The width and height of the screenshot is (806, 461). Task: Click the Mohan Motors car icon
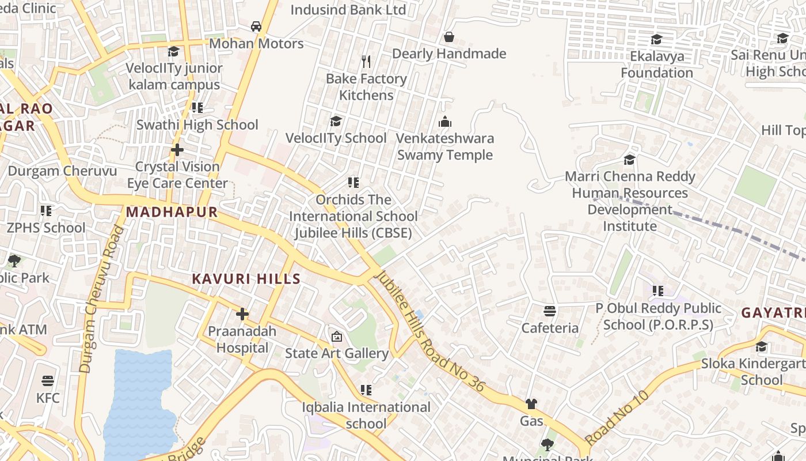[256, 27]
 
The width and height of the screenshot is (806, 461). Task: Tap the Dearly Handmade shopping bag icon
[449, 37]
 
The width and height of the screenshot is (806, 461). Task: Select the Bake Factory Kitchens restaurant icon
[366, 61]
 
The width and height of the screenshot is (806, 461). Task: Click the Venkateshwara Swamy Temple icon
[444, 122]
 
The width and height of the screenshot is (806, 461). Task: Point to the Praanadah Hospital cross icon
[242, 315]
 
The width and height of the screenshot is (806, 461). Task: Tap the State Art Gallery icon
[337, 337]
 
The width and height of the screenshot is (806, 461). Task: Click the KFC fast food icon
[48, 381]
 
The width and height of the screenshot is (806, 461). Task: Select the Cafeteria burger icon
[550, 311]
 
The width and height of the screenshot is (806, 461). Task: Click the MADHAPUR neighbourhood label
[172, 212]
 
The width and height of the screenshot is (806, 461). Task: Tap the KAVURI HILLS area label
[246, 279]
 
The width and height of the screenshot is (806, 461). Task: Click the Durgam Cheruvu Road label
[102, 300]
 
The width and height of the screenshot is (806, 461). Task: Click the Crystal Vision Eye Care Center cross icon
[177, 150]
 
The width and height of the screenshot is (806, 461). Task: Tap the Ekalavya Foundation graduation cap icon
[656, 40]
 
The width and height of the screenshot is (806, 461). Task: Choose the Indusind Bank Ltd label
[348, 10]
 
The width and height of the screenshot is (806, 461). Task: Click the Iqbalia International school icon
[366, 390]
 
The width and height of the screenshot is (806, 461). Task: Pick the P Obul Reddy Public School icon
[658, 291]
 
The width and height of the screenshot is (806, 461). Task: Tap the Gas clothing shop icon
[531, 404]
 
